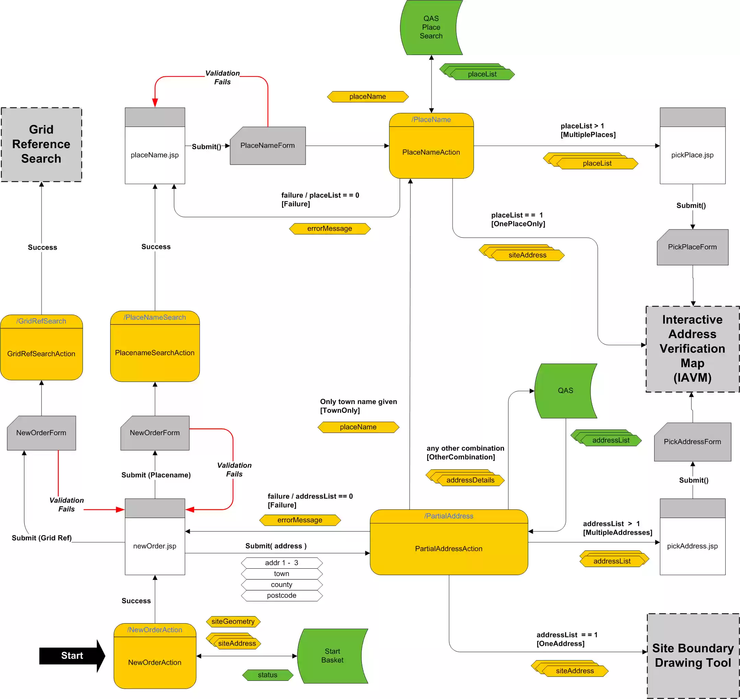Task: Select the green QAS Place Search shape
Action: pos(431,27)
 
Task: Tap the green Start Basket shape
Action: pos(332,655)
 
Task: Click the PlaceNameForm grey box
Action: pos(268,146)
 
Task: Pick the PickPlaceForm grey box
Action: pos(692,247)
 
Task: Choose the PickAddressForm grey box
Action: pos(692,441)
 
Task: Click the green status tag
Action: pos(268,675)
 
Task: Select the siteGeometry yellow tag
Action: pos(233,621)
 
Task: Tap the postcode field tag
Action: pos(282,595)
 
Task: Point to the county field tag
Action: pos(282,584)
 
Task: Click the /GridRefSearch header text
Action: pos(42,321)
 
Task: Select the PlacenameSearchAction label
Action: pos(155,353)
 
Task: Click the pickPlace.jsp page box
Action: pos(692,155)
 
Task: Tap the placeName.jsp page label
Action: pos(155,155)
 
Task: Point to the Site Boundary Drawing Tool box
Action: pos(693,655)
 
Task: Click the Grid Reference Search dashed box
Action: pos(42,144)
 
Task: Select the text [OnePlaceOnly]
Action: pos(518,224)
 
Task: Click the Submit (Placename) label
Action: pos(156,475)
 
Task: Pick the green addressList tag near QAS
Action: pos(611,440)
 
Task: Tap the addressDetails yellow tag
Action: pos(470,480)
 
